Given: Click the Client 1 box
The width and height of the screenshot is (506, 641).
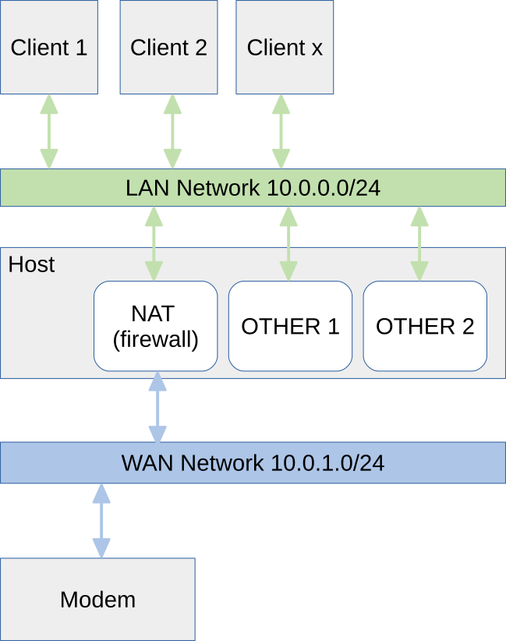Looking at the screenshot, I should tap(48, 47).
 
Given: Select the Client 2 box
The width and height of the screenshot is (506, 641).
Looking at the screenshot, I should tap(168, 47).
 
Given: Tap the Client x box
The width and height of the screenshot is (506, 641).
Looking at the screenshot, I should tap(285, 47).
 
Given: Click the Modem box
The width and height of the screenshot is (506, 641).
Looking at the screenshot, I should tap(97, 599).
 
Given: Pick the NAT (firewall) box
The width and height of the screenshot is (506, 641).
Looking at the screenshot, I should tap(154, 326).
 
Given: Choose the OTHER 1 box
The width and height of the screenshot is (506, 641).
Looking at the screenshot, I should tap(290, 326).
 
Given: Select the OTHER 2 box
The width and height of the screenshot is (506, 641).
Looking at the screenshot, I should tap(425, 326).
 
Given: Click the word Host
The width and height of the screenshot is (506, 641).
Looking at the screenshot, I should tap(31, 264).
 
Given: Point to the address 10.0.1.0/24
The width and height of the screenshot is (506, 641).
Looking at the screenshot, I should tap(327, 462).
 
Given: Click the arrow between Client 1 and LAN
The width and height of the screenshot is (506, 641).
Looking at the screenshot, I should tap(48, 131).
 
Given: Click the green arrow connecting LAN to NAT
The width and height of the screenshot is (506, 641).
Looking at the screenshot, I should tap(154, 243).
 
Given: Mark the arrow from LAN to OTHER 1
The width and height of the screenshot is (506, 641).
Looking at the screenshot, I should tap(288, 243).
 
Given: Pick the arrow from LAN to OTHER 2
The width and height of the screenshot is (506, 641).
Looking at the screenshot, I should tap(419, 243).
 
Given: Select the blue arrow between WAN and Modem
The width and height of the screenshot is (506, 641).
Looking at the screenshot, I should tap(101, 521).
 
